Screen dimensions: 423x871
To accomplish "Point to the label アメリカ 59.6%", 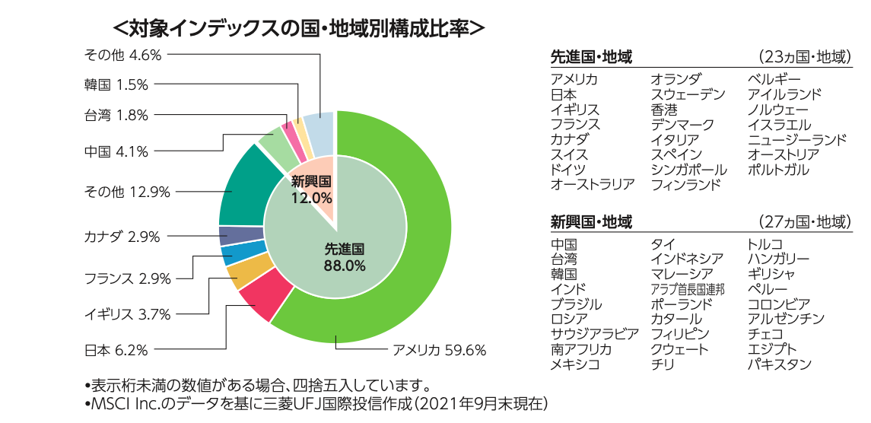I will tap(438, 351).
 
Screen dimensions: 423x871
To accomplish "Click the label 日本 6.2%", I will tap(116, 351).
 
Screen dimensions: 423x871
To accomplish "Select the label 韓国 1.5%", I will tap(116, 84).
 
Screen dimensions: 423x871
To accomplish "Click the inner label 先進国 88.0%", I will tap(345, 257).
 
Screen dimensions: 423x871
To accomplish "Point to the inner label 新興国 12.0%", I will tap(312, 189).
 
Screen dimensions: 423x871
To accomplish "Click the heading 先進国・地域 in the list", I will tap(592, 58).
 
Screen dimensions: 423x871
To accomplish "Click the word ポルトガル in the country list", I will tap(778, 170).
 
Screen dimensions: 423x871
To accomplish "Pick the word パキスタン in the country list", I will tap(780, 364).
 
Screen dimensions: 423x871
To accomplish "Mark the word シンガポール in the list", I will tap(688, 170).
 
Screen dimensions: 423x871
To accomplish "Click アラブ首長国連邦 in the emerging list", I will tap(687, 290).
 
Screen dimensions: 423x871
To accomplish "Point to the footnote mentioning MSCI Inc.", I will tap(315, 402).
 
